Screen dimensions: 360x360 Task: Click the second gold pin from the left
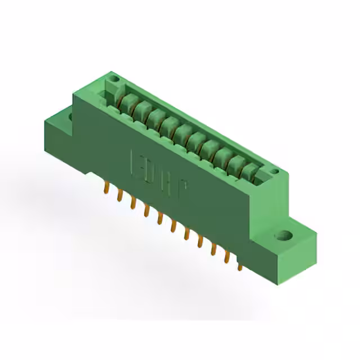point(119,195)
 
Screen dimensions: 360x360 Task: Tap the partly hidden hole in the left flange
point(70,116)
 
